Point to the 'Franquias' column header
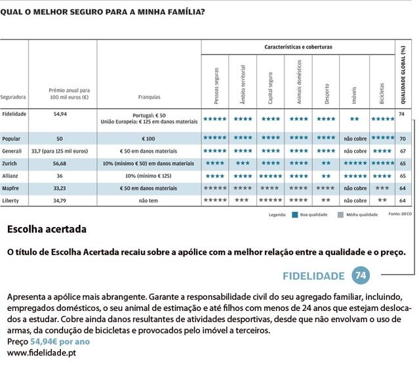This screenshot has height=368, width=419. [149, 96]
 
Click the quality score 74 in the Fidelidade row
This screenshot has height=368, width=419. [401, 114]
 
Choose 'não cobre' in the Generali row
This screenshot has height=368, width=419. [355, 151]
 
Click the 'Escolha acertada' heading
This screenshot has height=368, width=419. [47, 230]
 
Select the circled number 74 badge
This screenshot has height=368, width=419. [360, 275]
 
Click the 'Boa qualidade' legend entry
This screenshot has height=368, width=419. [313, 215]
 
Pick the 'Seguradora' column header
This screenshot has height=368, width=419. [13, 96]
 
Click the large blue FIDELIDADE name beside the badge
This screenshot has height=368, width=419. [313, 275]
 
